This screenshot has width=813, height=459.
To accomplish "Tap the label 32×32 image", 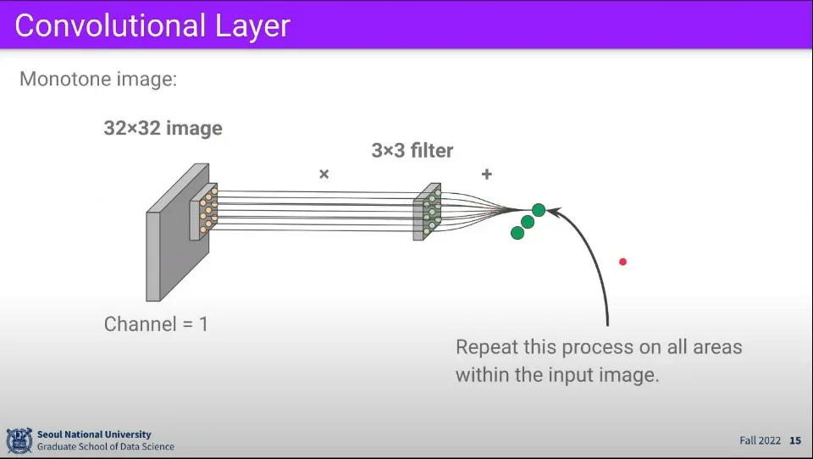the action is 163,129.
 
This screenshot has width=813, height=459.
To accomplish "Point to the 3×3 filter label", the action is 412,151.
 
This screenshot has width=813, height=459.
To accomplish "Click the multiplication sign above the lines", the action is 324,174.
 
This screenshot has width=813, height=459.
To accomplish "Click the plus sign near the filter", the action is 486,174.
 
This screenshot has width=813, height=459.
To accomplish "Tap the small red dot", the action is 622,262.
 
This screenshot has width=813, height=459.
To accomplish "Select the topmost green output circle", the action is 538,210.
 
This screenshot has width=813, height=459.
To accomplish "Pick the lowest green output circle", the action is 517,233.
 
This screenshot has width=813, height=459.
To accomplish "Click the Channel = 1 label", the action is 156,324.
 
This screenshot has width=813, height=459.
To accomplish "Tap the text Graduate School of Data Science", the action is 106,446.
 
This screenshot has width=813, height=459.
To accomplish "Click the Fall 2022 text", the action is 759,440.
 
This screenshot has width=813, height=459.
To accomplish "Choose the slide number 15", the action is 794,440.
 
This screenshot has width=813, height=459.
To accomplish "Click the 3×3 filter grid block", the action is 428,212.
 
